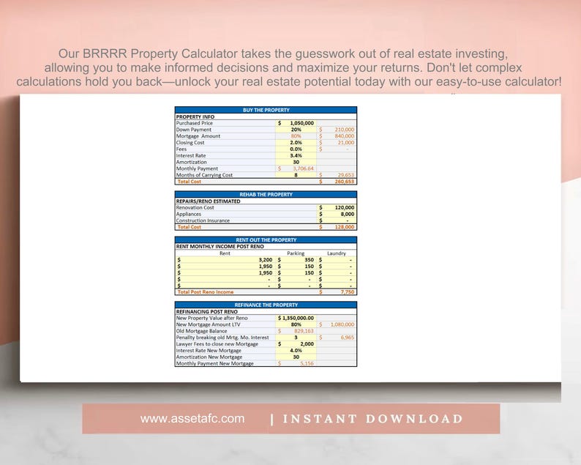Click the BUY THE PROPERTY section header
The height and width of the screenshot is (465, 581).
click(x=266, y=110)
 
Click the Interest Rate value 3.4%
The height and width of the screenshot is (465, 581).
click(x=296, y=155)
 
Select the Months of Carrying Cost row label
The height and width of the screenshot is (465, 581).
click(x=204, y=175)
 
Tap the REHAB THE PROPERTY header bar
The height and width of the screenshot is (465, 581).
click(x=266, y=195)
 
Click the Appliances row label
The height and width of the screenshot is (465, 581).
click(x=189, y=214)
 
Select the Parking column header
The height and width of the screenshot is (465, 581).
click(x=296, y=253)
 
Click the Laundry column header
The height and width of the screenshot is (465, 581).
click(x=337, y=253)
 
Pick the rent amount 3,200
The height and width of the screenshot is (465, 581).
click(x=265, y=260)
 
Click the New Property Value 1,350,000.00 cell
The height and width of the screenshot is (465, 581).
click(x=296, y=318)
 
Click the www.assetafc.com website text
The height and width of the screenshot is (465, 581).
click(x=192, y=419)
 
